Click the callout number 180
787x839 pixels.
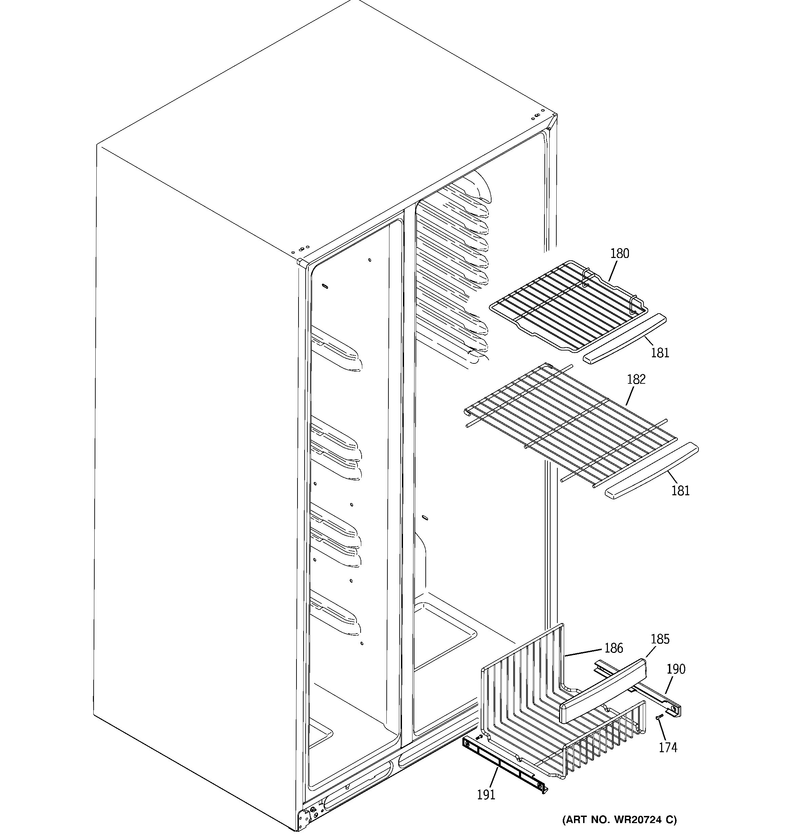pos(619,254)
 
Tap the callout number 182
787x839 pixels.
pos(636,379)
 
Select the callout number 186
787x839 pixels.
pos(613,648)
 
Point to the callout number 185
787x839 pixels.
pos(660,639)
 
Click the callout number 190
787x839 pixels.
pos(676,669)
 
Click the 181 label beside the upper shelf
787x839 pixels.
pos(660,353)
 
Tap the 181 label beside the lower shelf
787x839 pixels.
pos(680,491)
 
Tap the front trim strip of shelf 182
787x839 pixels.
pos(651,471)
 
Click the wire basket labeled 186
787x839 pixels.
pos(549,717)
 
